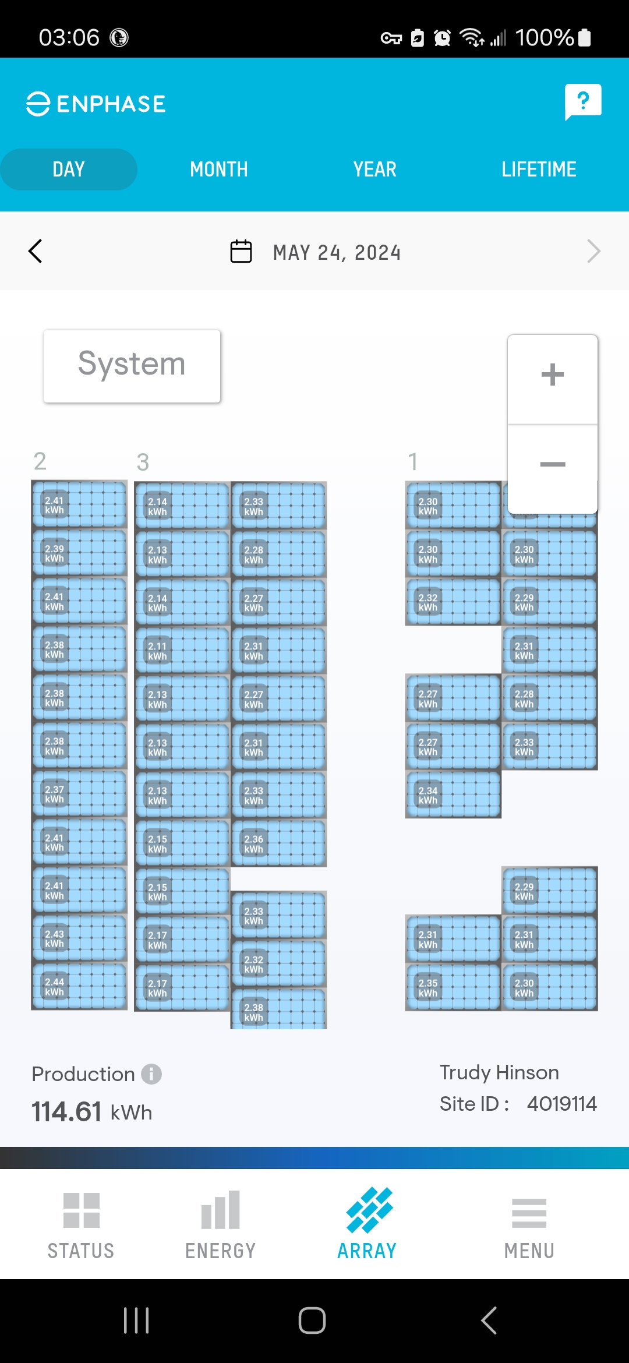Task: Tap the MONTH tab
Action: [x=219, y=170]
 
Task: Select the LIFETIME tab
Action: [x=539, y=170]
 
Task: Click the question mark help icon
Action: [x=582, y=102]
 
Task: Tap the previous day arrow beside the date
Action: [x=36, y=252]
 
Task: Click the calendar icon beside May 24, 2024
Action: [x=241, y=252]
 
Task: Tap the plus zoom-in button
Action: [x=552, y=375]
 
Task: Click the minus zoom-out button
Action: [x=552, y=465]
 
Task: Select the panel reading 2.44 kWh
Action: [x=79, y=986]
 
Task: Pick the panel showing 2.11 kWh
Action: [x=182, y=651]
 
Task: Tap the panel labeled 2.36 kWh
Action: [x=278, y=843]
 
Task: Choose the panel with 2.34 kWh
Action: [x=453, y=795]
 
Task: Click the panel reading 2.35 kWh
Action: [x=453, y=987]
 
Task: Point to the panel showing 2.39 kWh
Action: [x=79, y=553]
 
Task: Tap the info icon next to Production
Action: [x=151, y=1074]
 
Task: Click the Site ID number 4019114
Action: [x=561, y=1104]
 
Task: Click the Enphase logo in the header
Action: [x=96, y=104]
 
